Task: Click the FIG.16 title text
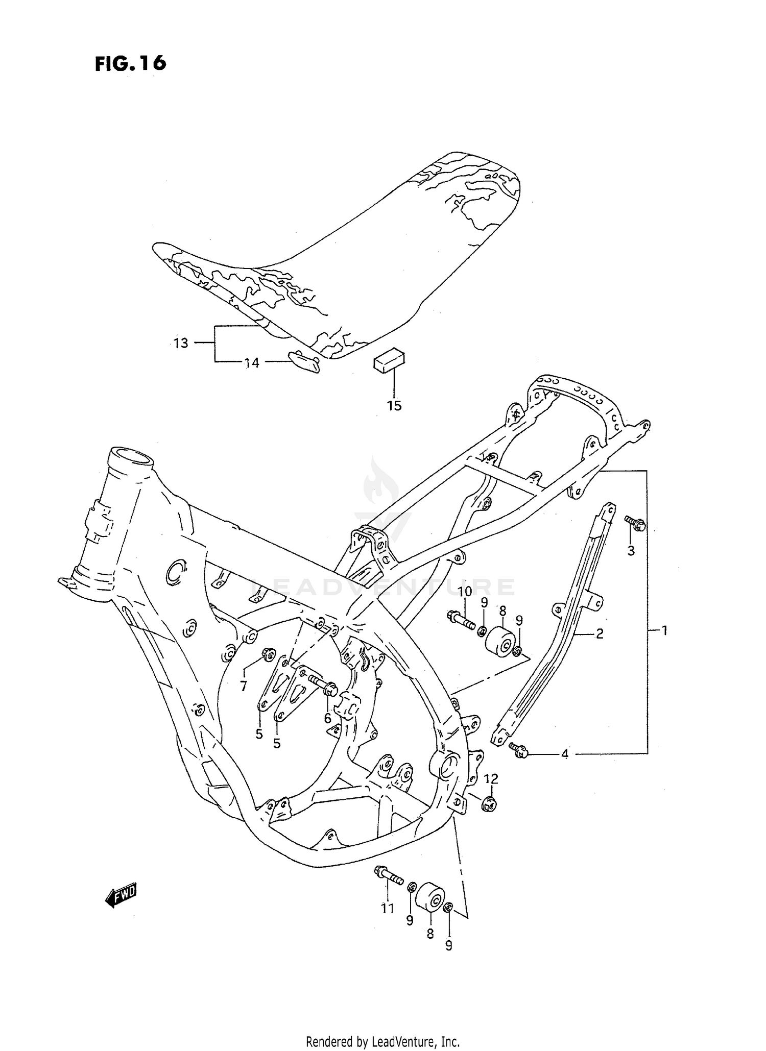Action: click(130, 63)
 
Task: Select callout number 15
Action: click(394, 406)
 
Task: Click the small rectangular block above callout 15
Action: click(389, 361)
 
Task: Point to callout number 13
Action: click(181, 343)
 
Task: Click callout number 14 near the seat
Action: click(252, 363)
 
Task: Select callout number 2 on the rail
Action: click(600, 633)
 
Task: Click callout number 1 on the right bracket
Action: click(664, 630)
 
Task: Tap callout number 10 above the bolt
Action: click(465, 592)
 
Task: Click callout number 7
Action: click(244, 686)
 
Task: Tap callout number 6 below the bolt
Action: click(327, 719)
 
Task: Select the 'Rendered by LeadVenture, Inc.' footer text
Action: click(383, 1041)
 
